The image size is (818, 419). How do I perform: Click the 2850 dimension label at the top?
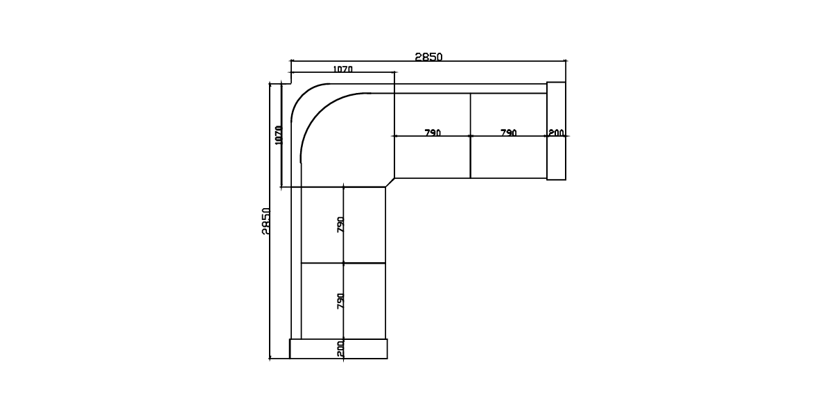(428, 56)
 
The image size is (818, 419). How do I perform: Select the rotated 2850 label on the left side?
(266, 221)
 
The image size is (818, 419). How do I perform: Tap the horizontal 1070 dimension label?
(342, 69)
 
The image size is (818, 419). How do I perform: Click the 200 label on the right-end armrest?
(556, 132)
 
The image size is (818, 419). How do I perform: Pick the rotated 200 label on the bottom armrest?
(340, 348)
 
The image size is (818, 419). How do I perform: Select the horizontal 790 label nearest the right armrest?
(508, 132)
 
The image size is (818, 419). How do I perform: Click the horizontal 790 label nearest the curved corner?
(433, 132)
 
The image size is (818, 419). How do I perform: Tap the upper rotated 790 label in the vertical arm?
(340, 224)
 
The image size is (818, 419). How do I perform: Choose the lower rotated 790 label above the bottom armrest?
(340, 300)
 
